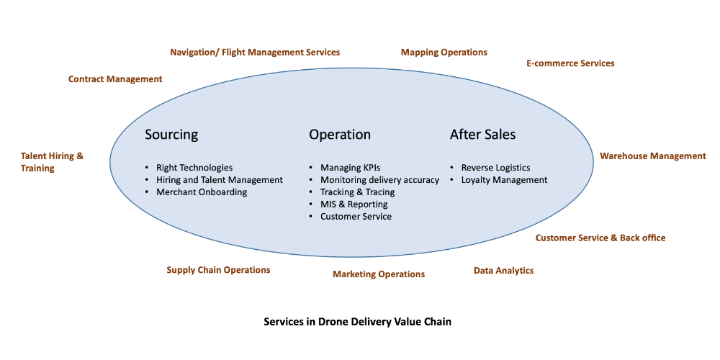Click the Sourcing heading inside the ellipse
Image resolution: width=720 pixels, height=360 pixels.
tap(171, 135)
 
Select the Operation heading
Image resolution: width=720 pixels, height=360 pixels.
tap(340, 135)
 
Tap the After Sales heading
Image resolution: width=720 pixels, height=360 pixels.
tap(482, 135)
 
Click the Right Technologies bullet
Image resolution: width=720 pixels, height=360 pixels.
tap(194, 168)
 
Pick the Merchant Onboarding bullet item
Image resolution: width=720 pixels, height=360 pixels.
tap(202, 192)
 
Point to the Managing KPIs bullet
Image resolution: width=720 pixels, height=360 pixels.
tap(350, 168)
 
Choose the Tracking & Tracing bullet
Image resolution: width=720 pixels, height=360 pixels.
tap(357, 192)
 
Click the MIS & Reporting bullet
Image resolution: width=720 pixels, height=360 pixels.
tap(354, 204)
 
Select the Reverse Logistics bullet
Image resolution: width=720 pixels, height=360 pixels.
tap(495, 168)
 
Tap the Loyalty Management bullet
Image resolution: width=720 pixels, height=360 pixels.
tap(504, 180)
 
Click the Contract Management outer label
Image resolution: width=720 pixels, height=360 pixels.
tap(115, 79)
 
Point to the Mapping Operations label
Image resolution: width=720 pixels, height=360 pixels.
tap(444, 53)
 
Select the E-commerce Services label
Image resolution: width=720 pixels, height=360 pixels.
tap(570, 63)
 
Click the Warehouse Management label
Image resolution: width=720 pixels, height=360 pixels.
tap(653, 156)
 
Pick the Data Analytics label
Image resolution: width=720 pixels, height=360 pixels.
tap(503, 271)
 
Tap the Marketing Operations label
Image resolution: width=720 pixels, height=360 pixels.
tap(379, 274)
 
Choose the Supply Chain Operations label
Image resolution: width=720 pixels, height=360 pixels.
tap(218, 270)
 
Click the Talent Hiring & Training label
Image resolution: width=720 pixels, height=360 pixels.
tap(52, 162)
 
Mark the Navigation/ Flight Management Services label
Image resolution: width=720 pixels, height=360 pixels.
tap(255, 53)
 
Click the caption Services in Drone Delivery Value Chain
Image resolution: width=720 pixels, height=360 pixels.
tap(357, 322)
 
